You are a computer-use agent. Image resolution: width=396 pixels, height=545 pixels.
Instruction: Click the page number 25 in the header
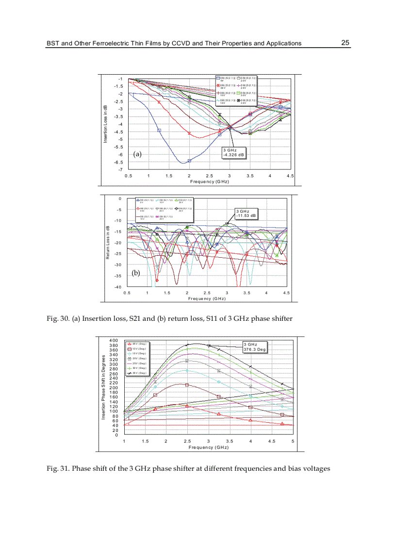345,43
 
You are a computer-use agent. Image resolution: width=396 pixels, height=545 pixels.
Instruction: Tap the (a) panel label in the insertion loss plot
137,154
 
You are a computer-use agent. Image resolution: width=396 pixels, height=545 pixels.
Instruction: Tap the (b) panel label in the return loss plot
135,273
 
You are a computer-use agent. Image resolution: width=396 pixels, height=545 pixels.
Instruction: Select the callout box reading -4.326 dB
234,153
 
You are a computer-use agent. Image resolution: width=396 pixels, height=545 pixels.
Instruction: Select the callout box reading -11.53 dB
246,213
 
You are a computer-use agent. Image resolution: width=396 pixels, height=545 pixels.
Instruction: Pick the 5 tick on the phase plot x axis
293,441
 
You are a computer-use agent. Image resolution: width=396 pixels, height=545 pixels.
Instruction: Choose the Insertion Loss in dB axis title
105,124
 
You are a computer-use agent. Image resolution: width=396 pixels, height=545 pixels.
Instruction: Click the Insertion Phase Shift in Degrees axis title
103,387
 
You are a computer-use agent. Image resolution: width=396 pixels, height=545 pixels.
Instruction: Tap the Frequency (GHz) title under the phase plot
208,447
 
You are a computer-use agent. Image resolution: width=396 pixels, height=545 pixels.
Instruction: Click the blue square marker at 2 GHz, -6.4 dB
189,161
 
